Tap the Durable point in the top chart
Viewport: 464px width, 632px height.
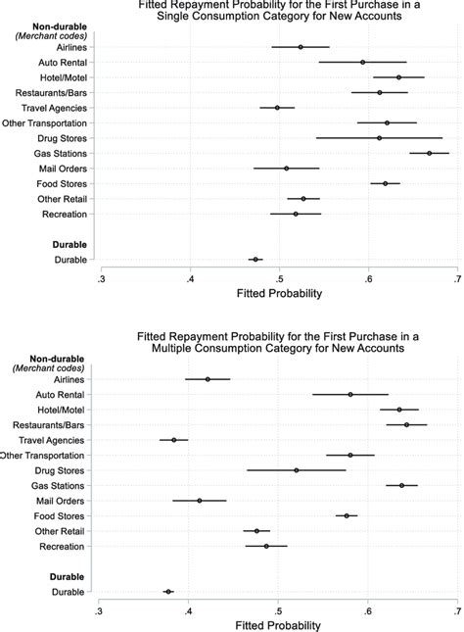(x=255, y=260)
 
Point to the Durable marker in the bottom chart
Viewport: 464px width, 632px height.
(x=168, y=592)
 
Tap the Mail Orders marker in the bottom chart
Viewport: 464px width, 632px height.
(x=200, y=501)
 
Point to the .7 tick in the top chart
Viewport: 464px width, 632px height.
(x=457, y=280)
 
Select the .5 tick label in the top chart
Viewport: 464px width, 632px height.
(x=279, y=280)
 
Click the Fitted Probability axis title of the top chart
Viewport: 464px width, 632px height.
(x=278, y=293)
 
